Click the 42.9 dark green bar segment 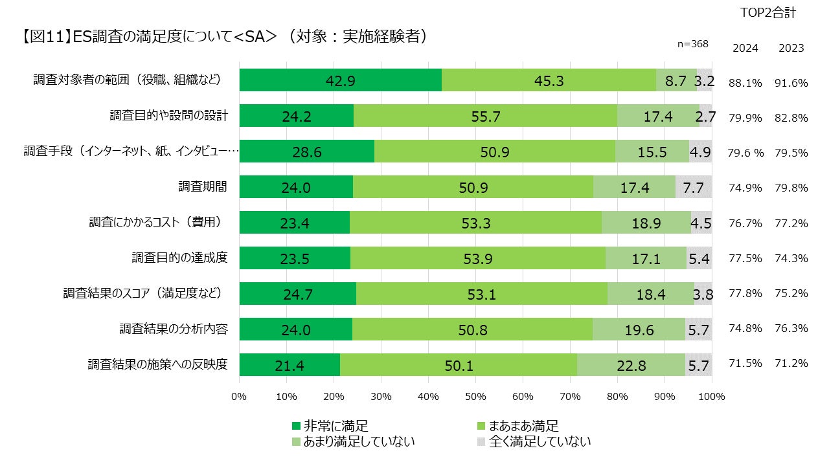341,80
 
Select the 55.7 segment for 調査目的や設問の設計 485,116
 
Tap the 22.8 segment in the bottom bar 631,365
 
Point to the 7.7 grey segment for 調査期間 694,187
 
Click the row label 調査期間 203,186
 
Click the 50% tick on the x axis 475,396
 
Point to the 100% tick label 712,396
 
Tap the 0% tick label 239,396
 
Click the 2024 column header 745,48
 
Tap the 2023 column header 791,48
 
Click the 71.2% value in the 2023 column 791,363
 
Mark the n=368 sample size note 692,44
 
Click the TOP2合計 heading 767,13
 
